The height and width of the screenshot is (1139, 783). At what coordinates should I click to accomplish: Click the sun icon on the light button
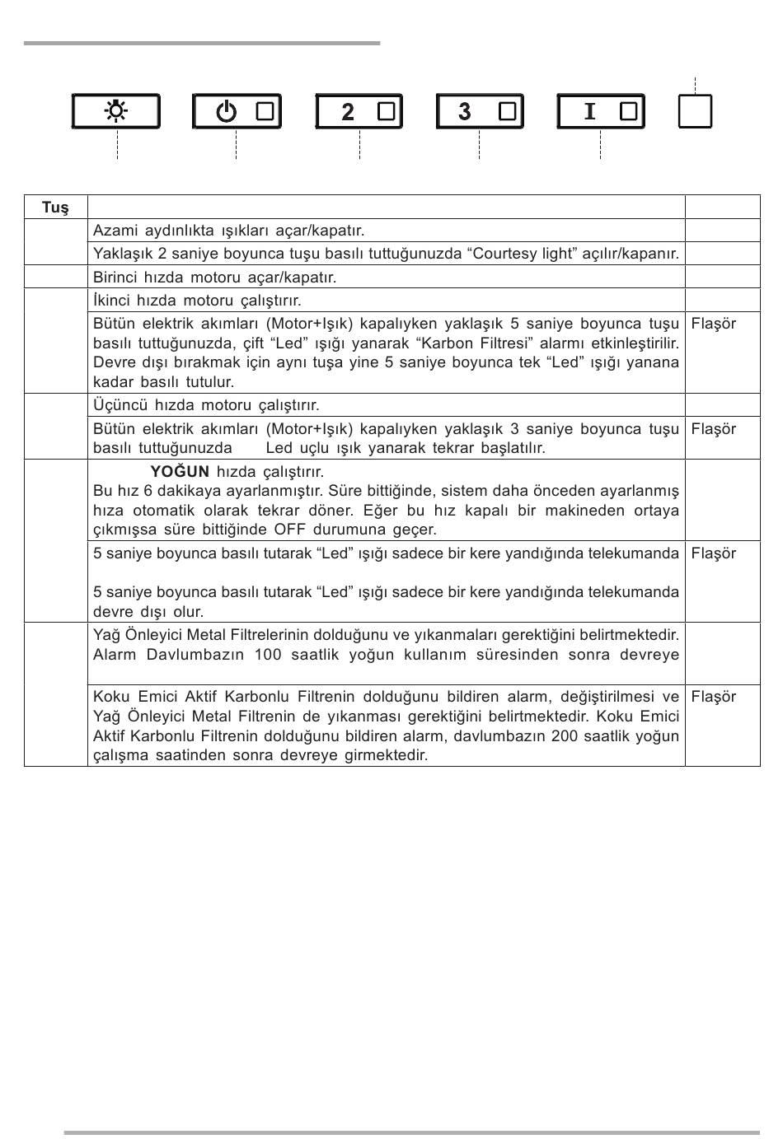tap(116, 111)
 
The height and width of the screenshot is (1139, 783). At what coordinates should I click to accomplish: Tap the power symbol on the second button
tap(227, 112)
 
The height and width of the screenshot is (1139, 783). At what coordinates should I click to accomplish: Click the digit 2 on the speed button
tap(348, 112)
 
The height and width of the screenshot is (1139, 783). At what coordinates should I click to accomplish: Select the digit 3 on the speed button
tap(465, 111)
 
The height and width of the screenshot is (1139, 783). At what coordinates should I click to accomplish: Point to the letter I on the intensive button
tap(589, 111)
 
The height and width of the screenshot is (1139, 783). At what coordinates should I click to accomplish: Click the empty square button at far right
tap(695, 111)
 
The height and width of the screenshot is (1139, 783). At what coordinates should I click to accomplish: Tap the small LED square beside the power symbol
tap(265, 112)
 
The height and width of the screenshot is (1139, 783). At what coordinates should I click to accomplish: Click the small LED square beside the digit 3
tap(507, 111)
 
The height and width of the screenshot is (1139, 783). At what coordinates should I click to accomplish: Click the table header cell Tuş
tap(55, 208)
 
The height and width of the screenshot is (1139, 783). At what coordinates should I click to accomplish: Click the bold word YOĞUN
tap(180, 472)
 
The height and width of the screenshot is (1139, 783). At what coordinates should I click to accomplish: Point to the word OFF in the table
tap(291, 530)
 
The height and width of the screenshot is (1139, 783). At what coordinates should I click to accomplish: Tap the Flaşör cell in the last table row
tap(714, 697)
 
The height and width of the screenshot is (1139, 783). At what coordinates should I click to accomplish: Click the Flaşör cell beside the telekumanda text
tap(714, 553)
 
